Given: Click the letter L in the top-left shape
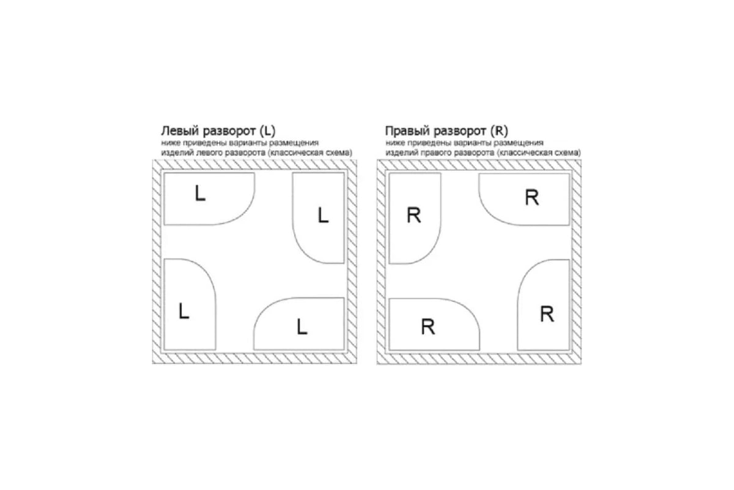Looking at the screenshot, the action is [x=200, y=193].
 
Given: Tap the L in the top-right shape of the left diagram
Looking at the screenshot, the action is [x=323, y=216].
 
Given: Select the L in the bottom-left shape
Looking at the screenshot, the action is [x=184, y=311].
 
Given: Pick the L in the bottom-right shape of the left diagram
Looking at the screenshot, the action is [x=302, y=327].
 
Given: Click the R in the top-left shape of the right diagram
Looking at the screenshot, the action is [x=414, y=216].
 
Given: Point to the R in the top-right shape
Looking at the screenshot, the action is [x=532, y=197].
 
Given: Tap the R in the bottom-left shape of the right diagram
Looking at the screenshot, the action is [x=428, y=327].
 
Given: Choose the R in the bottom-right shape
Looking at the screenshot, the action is [x=547, y=314].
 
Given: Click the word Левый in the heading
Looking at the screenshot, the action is [x=180, y=131].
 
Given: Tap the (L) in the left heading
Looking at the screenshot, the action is [x=267, y=131].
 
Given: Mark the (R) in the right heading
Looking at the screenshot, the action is [x=499, y=131].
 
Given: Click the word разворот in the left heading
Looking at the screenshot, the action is [x=229, y=131].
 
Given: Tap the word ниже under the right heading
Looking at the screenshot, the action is [x=393, y=143].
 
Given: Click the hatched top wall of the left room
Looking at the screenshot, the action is [x=254, y=164].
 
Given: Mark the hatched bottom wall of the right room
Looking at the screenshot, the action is [x=479, y=359].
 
